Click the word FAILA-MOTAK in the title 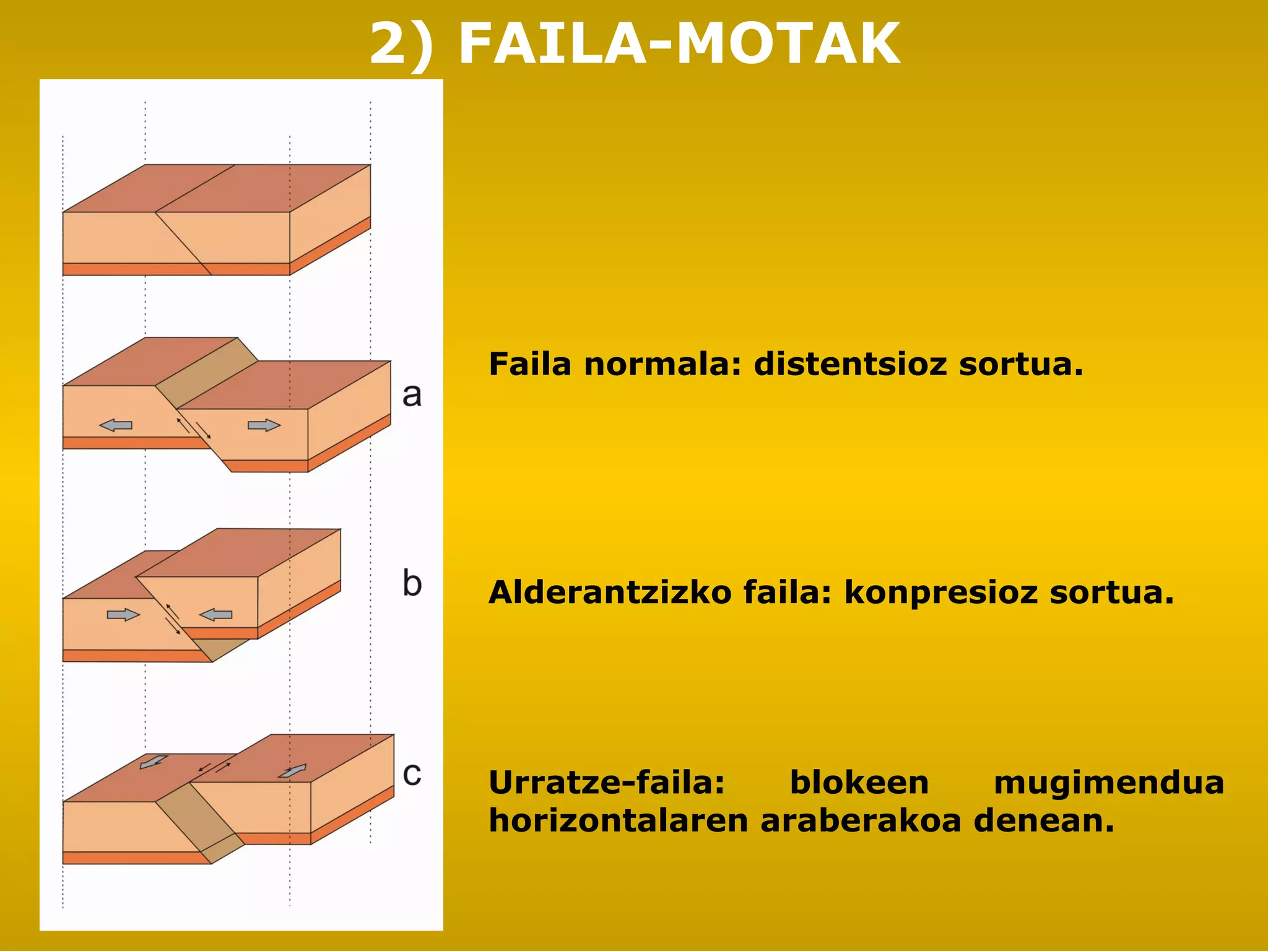679,43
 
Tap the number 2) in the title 401,43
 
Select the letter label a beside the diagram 412,394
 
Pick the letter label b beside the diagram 412,583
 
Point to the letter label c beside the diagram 412,773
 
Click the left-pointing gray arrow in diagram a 116,425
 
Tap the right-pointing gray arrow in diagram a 264,425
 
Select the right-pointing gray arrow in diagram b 123,615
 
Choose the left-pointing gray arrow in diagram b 215,615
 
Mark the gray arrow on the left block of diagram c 153,762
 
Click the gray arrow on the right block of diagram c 292,771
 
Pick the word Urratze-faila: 607,783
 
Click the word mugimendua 1109,783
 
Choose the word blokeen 859,783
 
